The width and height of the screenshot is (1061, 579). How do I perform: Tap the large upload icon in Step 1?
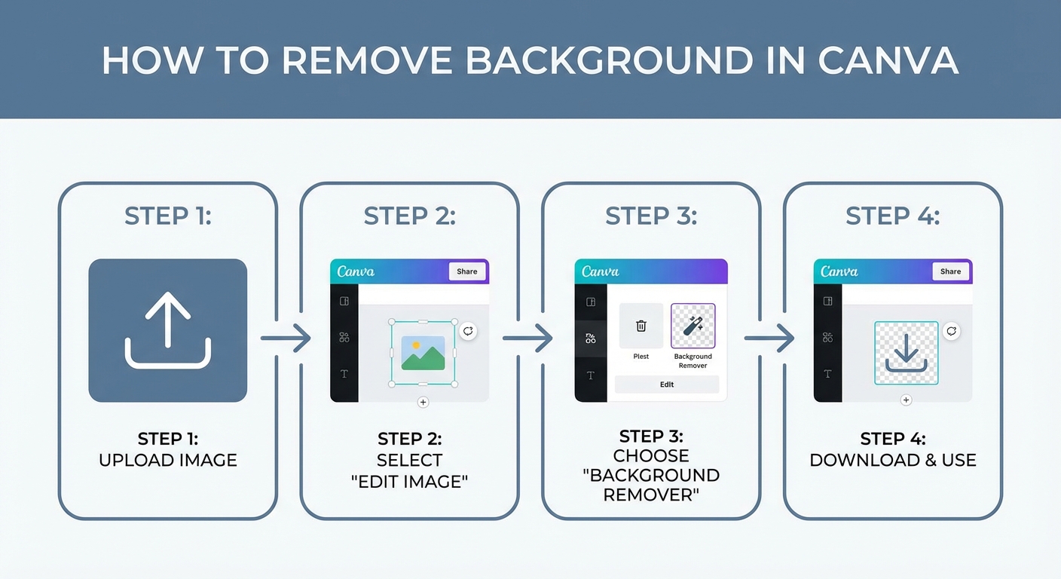coord(168,330)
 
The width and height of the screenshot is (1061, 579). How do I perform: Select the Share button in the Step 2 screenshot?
coord(466,271)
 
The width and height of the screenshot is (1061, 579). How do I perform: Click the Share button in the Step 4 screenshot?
coord(950,271)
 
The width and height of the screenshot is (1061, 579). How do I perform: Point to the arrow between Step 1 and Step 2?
coord(286,338)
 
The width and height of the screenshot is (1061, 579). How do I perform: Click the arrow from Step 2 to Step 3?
coord(528,338)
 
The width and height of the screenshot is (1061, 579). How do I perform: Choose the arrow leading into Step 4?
coord(770,338)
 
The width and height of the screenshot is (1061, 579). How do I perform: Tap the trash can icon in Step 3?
coord(641,326)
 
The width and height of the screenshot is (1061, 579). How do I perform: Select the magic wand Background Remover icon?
coord(693,326)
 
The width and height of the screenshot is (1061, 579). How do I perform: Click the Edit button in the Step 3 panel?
coord(667,384)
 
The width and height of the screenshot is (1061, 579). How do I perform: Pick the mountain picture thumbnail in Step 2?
coord(423,353)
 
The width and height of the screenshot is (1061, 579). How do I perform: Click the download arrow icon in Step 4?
coord(906,353)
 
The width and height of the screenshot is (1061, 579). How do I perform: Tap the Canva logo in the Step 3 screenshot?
coord(601,271)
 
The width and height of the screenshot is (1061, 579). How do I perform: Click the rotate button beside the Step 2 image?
coord(468,331)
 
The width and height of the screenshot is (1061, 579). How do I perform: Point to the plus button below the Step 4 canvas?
coord(906,400)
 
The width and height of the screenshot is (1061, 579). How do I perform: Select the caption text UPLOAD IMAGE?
coord(168,460)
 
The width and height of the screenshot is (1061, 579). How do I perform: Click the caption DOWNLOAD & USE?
coord(893,460)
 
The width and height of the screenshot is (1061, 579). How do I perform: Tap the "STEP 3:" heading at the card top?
coord(651,216)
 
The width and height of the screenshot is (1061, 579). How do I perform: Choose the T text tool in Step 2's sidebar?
coord(344,374)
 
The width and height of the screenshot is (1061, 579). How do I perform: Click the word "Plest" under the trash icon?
coord(641,357)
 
